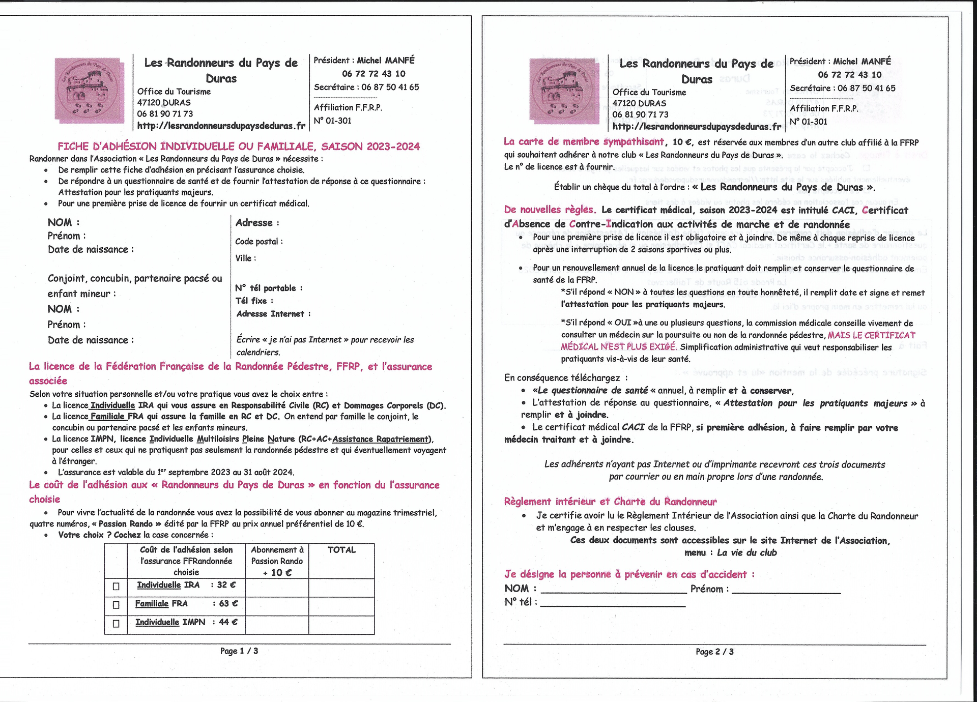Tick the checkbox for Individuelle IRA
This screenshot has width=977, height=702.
click(116, 587)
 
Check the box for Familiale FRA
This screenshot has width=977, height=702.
click(116, 605)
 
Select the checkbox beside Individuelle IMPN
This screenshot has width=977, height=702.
click(116, 623)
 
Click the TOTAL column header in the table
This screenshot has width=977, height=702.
click(341, 550)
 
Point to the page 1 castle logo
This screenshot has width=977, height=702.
click(90, 91)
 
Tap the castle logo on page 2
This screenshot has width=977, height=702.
click(564, 91)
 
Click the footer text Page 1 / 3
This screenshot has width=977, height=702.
click(239, 651)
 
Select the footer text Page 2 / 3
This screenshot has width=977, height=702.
click(714, 652)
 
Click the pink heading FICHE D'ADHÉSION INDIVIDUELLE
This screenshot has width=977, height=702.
click(239, 147)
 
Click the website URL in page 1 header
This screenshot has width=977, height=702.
click(221, 126)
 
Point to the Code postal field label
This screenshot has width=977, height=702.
click(258, 242)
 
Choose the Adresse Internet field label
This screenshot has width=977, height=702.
click(273, 314)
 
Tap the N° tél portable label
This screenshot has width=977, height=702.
click(269, 288)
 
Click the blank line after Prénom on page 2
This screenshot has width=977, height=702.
click(786, 590)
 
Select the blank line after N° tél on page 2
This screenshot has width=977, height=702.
click(613, 603)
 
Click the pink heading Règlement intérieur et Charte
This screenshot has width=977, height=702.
click(610, 502)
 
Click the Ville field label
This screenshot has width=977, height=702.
click(245, 258)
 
